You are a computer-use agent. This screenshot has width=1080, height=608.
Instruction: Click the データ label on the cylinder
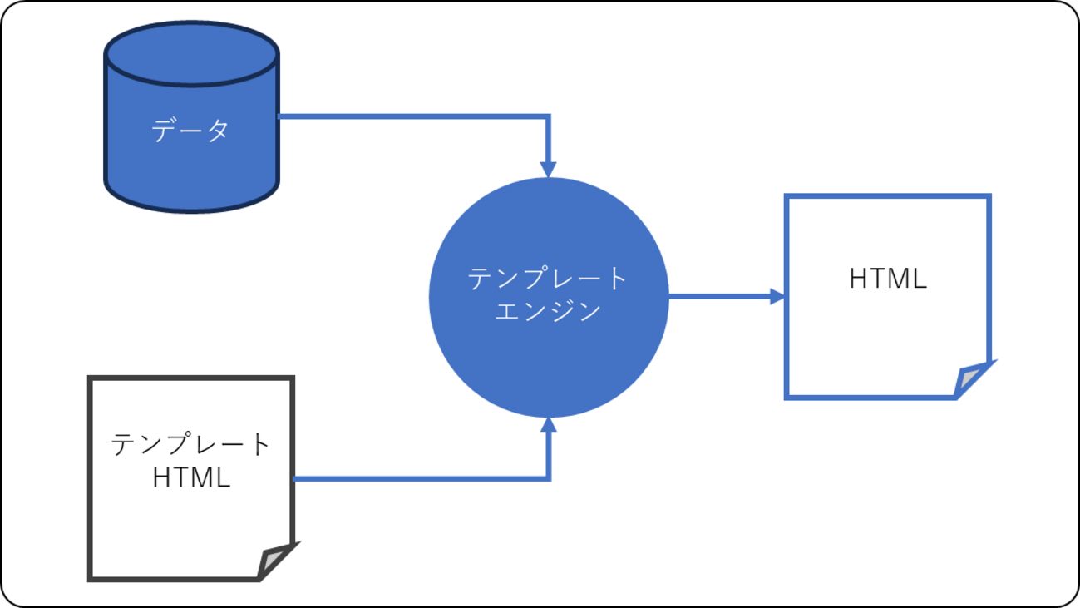[190, 131]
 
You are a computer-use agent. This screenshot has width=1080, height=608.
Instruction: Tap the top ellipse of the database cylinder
[190, 53]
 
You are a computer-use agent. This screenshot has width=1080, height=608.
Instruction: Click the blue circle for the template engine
[549, 358]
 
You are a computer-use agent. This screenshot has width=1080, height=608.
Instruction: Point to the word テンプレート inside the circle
[548, 279]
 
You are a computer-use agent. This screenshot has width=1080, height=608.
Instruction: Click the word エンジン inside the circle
[548, 311]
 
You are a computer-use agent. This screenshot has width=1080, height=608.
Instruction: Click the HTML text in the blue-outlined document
[887, 279]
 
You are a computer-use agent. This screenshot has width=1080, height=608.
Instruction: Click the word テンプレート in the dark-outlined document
[191, 444]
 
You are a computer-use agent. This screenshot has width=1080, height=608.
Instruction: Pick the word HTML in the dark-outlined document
[191, 477]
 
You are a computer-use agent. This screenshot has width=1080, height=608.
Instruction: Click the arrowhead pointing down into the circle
[548, 169]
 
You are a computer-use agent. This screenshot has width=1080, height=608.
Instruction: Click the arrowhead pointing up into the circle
[548, 425]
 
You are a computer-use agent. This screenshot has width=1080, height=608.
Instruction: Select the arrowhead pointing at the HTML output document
[777, 297]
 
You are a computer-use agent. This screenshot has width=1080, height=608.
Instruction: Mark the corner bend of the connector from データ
[548, 117]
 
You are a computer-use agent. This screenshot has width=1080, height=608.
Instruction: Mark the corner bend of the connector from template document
[548, 478]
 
